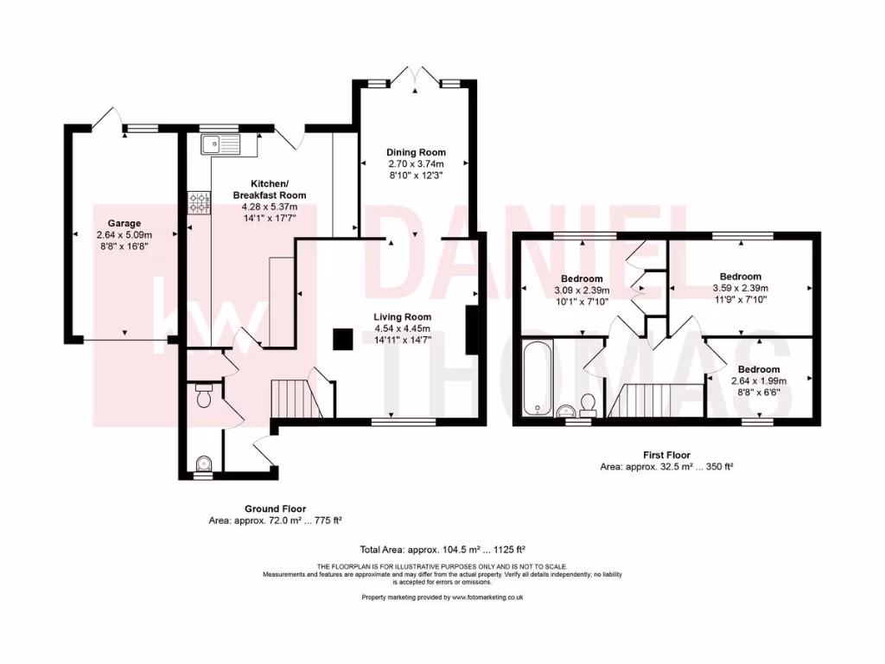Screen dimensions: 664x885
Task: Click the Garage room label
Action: [x=124, y=223]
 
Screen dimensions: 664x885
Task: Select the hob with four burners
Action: [x=200, y=203]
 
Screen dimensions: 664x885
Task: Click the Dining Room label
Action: [x=416, y=152]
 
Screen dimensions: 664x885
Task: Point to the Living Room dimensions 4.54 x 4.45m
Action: [x=402, y=329]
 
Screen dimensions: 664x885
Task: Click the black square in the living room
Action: [x=342, y=339]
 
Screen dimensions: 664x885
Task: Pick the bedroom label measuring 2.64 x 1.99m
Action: [x=755, y=369]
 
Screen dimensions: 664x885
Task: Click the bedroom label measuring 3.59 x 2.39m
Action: [x=741, y=277]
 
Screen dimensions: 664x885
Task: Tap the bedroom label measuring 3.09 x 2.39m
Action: [x=583, y=279]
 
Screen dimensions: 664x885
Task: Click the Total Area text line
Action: [x=442, y=549]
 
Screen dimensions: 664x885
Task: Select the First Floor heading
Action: [x=666, y=455]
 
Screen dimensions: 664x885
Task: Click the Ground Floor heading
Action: [x=275, y=509]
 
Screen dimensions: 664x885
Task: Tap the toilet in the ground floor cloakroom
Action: [x=204, y=398]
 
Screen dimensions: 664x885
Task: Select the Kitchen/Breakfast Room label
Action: [x=270, y=189]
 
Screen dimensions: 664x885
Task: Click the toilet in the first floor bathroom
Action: [x=588, y=403]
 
